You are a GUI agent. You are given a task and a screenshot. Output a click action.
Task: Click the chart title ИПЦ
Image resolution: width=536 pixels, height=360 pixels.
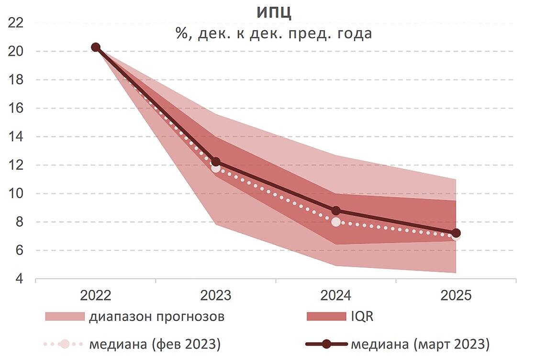[x=274, y=12]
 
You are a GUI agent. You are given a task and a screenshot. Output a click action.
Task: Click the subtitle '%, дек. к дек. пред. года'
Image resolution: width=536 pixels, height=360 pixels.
[x=274, y=34]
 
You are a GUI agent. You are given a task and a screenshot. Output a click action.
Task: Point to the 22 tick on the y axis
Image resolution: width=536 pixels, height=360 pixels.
[x=16, y=23]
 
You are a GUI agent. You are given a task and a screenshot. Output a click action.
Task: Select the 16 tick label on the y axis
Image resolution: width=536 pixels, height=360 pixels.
[x=16, y=108]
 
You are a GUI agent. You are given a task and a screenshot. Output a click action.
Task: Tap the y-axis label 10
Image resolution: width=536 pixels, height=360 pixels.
[x=16, y=193]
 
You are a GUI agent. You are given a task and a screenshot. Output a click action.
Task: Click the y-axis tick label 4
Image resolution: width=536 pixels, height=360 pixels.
[x=19, y=279]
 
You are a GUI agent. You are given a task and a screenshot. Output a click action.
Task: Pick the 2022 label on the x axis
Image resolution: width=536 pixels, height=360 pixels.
[x=96, y=295]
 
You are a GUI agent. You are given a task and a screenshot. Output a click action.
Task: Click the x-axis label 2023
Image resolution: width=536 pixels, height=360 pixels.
[x=215, y=295]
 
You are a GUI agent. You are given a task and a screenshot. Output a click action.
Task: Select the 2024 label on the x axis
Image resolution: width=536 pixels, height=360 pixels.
[x=335, y=295]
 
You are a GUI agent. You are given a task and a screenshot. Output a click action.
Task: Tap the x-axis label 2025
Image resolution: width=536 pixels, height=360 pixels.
[x=456, y=295]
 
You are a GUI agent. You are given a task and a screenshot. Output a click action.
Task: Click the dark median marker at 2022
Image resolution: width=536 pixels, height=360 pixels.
[x=96, y=47]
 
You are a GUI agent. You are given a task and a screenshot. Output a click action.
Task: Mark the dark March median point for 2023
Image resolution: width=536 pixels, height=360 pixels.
[x=216, y=162]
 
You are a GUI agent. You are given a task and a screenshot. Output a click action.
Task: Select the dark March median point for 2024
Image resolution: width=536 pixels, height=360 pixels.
[x=336, y=211]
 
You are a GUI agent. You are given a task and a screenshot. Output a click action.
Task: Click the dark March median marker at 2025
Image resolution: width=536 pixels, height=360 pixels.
[x=456, y=233]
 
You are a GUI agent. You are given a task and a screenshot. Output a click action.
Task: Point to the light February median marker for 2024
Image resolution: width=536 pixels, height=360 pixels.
[x=336, y=222]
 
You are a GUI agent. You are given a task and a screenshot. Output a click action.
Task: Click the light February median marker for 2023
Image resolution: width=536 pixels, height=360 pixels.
[x=216, y=168]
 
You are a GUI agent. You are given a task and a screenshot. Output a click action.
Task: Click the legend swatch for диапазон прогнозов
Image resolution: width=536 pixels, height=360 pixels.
[x=65, y=317]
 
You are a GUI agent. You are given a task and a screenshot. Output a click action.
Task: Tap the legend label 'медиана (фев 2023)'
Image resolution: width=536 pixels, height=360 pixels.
[x=155, y=344]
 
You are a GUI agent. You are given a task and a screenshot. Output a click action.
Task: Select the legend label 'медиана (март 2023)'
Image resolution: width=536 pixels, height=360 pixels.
[x=420, y=344]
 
